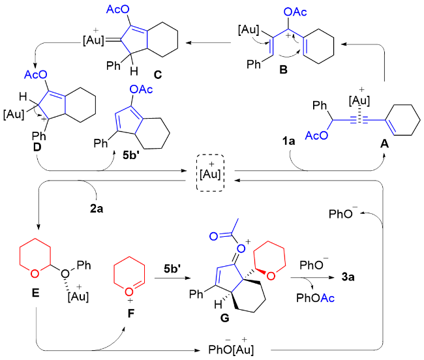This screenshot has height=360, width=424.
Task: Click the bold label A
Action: [x=384, y=143]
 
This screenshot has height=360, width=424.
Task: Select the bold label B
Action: [x=283, y=70]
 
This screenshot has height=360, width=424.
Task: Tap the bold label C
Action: [x=158, y=74]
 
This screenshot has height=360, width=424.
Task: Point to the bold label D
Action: [x=37, y=147]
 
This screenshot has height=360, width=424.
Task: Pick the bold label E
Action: [x=35, y=293]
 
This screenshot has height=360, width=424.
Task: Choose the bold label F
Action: [x=131, y=314]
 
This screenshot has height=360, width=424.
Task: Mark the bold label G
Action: [x=224, y=318]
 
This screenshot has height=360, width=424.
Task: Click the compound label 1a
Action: [x=288, y=141]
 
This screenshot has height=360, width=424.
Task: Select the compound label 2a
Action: [x=97, y=209]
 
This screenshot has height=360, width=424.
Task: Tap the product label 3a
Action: [x=348, y=277]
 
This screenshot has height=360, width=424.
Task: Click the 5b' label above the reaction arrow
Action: [x=172, y=269]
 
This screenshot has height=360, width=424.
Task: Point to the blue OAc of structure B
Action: [x=295, y=12]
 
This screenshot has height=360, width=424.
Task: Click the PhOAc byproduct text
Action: [x=315, y=298]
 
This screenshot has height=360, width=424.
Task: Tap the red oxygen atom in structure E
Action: [x=35, y=274]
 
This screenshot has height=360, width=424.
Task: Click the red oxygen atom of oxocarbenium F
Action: [x=129, y=292]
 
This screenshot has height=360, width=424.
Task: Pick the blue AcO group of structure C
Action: [x=117, y=9]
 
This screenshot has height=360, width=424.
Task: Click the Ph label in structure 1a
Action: [x=320, y=106]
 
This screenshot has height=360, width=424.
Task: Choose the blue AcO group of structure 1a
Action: [x=316, y=136]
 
